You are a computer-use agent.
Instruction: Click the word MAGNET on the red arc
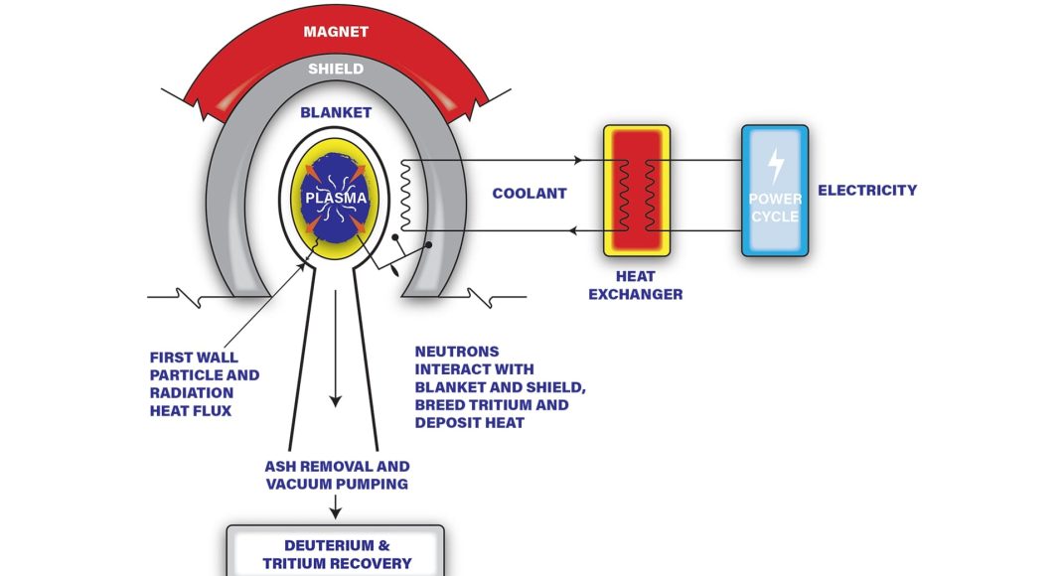coord(335,32)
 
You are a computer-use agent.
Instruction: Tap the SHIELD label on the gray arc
coord(335,69)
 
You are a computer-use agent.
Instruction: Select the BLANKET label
coord(335,112)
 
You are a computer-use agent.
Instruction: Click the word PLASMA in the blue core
coord(335,198)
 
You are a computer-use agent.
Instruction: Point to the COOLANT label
coord(529,194)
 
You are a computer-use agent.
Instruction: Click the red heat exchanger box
coord(636,191)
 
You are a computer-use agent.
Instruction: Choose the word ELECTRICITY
coord(866,190)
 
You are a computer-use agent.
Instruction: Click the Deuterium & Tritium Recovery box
coord(336,553)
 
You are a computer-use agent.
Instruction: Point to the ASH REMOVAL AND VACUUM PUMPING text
coord(336,475)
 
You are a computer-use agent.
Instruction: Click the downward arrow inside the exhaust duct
coord(336,397)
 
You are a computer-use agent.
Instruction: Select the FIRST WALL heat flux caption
coord(204,383)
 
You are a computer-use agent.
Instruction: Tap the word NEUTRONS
coord(456,352)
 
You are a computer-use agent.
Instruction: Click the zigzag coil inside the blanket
coord(404,194)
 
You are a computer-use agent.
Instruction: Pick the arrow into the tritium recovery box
coord(336,510)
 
